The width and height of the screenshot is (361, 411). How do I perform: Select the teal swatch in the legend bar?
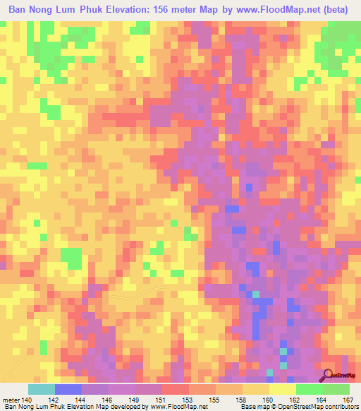(x=41, y=389)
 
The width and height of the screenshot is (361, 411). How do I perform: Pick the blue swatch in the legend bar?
(x=68, y=389)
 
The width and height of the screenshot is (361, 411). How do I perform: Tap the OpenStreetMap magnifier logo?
(x=327, y=376)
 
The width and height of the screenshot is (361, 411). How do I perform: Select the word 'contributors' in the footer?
(x=340, y=407)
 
